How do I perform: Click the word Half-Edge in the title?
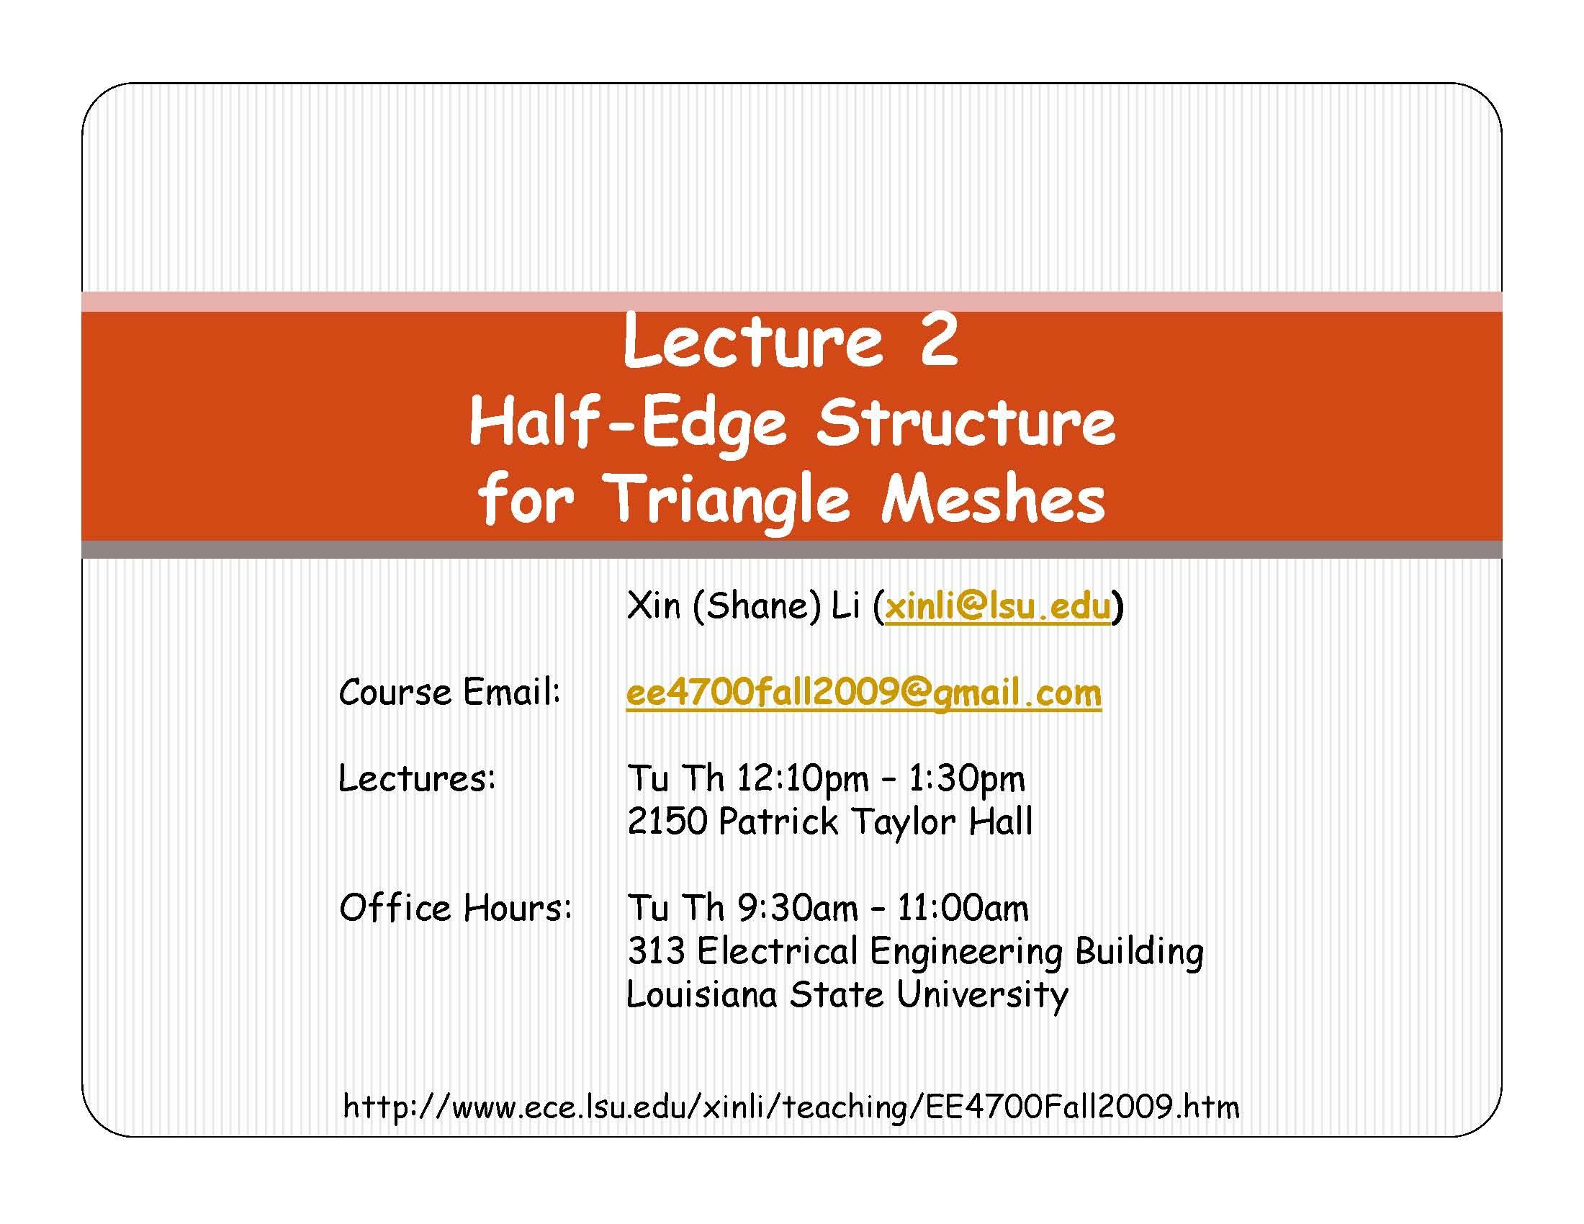click(x=627, y=423)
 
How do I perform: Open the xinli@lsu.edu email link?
click(x=997, y=606)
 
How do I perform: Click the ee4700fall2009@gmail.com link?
click(x=863, y=693)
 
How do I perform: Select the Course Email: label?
click(x=450, y=693)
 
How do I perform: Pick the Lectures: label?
click(x=417, y=779)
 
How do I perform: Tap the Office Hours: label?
click(x=456, y=908)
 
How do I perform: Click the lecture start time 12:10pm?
click(x=802, y=779)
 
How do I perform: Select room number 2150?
click(x=667, y=822)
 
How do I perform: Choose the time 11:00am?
click(x=963, y=908)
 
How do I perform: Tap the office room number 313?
click(x=656, y=950)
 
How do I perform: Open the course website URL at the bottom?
click(x=791, y=1107)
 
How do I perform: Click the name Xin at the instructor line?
click(x=654, y=606)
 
